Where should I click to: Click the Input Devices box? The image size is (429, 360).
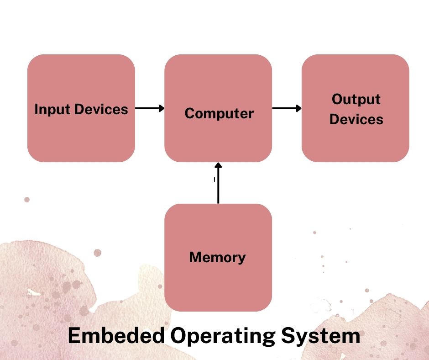click(81, 108)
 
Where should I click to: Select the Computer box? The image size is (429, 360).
click(218, 108)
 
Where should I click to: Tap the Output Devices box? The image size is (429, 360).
click(356, 108)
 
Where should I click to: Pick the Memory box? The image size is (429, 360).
click(218, 258)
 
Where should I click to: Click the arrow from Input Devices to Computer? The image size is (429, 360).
click(150, 108)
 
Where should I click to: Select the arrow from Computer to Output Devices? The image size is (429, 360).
click(287, 108)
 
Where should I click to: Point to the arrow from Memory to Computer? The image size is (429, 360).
click(218, 183)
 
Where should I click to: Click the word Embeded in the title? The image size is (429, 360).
click(116, 335)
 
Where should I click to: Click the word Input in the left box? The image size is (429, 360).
click(52, 110)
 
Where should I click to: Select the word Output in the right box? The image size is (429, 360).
click(356, 99)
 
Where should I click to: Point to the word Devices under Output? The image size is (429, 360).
click(356, 119)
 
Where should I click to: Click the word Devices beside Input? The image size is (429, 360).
click(101, 109)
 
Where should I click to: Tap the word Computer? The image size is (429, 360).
click(219, 113)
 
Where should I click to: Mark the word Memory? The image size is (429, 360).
click(218, 258)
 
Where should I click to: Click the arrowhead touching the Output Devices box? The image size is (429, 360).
click(299, 108)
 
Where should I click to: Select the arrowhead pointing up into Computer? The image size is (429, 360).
click(218, 165)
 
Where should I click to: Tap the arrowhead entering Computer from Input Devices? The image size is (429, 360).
click(162, 108)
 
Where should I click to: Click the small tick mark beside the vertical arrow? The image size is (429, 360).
click(214, 180)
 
